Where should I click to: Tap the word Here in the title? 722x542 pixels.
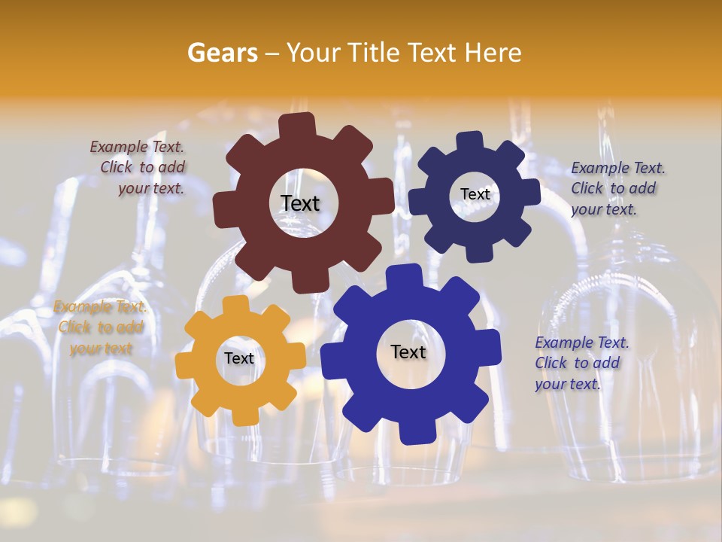tap(493, 53)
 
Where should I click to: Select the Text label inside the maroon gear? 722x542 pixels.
tap(300, 203)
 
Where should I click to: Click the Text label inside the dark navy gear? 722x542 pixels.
tap(475, 194)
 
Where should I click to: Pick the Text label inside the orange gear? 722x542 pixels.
tap(239, 358)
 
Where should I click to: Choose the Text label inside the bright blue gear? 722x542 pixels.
tap(408, 352)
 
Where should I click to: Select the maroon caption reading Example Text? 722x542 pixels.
tap(137, 147)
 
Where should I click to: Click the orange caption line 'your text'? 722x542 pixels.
tap(101, 349)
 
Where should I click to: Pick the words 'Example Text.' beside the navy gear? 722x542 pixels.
tap(618, 168)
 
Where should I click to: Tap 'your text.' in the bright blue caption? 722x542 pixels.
tap(568, 384)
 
